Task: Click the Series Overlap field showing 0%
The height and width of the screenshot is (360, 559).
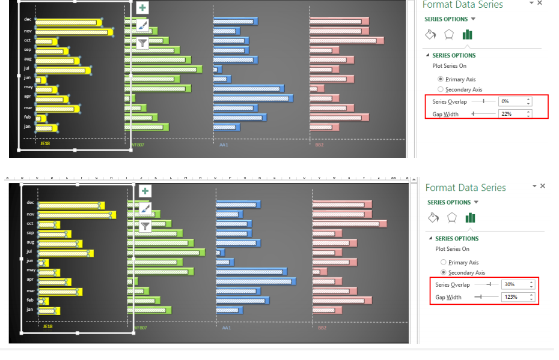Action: [511, 101]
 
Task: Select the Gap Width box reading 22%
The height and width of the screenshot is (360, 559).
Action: [511, 114]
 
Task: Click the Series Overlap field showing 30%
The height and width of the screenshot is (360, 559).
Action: [514, 284]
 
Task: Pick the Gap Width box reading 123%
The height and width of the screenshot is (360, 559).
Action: [514, 297]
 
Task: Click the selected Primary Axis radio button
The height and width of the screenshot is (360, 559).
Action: [441, 79]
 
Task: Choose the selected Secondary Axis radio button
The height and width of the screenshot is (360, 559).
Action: [444, 272]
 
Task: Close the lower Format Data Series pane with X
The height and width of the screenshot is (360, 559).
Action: [543, 187]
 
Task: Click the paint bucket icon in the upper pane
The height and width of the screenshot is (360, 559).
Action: [430, 35]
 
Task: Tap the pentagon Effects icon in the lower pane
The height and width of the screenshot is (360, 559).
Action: [452, 217]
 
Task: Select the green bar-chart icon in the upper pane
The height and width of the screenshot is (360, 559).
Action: [467, 35]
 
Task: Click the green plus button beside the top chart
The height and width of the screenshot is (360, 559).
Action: [142, 8]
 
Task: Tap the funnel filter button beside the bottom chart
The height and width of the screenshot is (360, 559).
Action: [145, 226]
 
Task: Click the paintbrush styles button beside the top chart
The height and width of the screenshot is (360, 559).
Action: [142, 25]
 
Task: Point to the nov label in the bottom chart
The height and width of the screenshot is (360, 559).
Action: [30, 214]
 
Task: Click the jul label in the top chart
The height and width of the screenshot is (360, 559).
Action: [28, 68]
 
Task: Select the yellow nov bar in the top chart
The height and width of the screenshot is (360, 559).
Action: [74, 31]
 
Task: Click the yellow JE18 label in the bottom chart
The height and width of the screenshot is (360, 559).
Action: [47, 327]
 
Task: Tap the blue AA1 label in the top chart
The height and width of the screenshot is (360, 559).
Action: [224, 144]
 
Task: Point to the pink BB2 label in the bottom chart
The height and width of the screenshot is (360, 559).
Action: [322, 328]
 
